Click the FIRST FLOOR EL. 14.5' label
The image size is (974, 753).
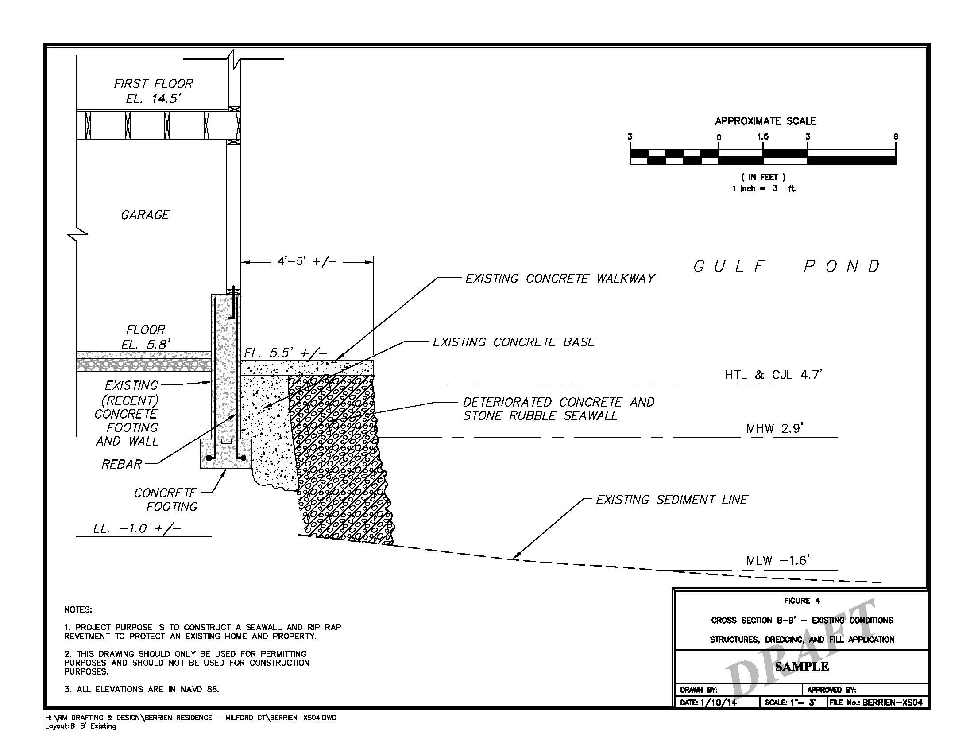pyautogui.click(x=153, y=91)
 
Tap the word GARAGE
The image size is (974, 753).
pyautogui.click(x=145, y=215)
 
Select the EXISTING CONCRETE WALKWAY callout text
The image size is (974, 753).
pyautogui.click(x=560, y=279)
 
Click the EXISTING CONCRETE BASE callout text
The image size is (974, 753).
pyautogui.click(x=514, y=342)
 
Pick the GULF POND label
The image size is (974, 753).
pyautogui.click(x=787, y=267)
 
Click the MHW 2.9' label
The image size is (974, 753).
pyautogui.click(x=775, y=429)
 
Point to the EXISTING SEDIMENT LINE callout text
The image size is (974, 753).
pyautogui.click(x=672, y=500)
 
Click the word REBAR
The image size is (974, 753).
pyautogui.click(x=122, y=464)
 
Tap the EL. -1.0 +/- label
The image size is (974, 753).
pyautogui.click(x=137, y=529)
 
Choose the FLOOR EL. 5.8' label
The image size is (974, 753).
pyautogui.click(x=146, y=337)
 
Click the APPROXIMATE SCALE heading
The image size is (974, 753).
pyautogui.click(x=766, y=121)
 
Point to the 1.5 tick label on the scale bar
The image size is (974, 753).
pyautogui.click(x=763, y=136)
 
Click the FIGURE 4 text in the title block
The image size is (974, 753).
pyautogui.click(x=802, y=601)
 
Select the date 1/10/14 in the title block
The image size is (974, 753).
pyautogui.click(x=719, y=703)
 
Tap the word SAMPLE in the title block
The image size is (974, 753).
pyautogui.click(x=802, y=667)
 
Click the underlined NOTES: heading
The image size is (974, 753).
pyautogui.click(x=79, y=610)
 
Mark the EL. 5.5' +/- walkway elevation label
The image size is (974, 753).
pyautogui.click(x=286, y=354)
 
